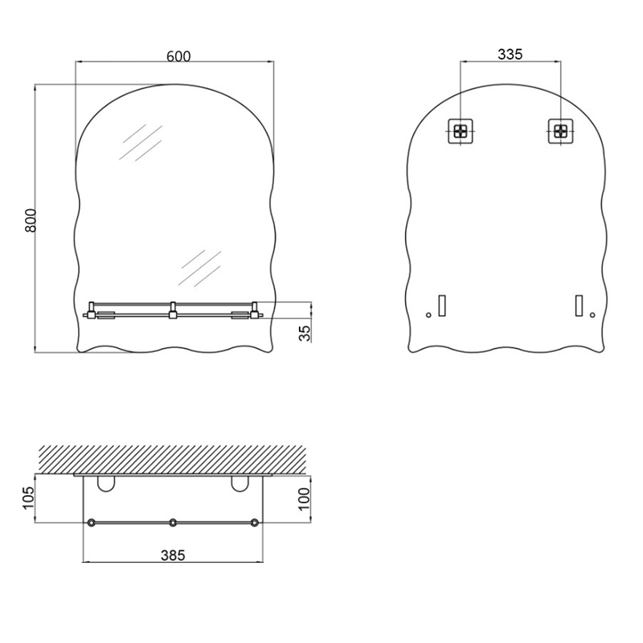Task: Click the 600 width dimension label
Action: (x=178, y=56)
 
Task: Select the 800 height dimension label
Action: (x=31, y=220)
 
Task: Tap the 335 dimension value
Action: (x=510, y=54)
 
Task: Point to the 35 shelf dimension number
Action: (x=305, y=334)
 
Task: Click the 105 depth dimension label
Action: (x=28, y=498)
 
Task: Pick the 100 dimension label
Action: (x=305, y=498)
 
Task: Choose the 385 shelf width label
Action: (x=173, y=555)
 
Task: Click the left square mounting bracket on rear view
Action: (x=461, y=131)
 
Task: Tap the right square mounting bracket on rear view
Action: (x=560, y=131)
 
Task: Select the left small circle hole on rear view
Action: (x=428, y=315)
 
